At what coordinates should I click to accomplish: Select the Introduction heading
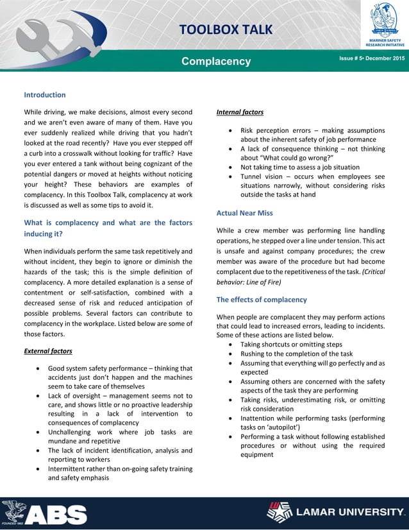point(44,95)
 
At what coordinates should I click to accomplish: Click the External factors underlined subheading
point(48,352)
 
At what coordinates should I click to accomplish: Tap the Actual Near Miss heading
point(246,212)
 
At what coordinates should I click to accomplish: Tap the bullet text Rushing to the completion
point(296,354)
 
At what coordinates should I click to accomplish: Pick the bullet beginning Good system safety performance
point(120,377)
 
